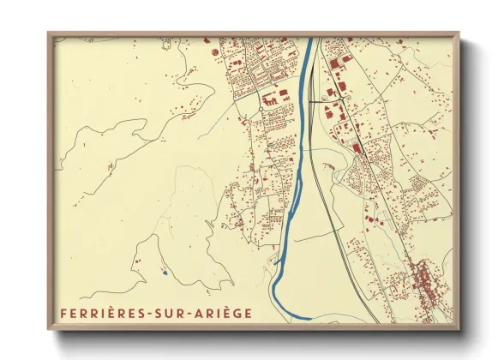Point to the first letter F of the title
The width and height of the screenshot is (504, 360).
tap(64, 314)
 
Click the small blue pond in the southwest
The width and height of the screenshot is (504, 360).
tap(163, 274)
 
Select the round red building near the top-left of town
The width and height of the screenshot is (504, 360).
tap(211, 53)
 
